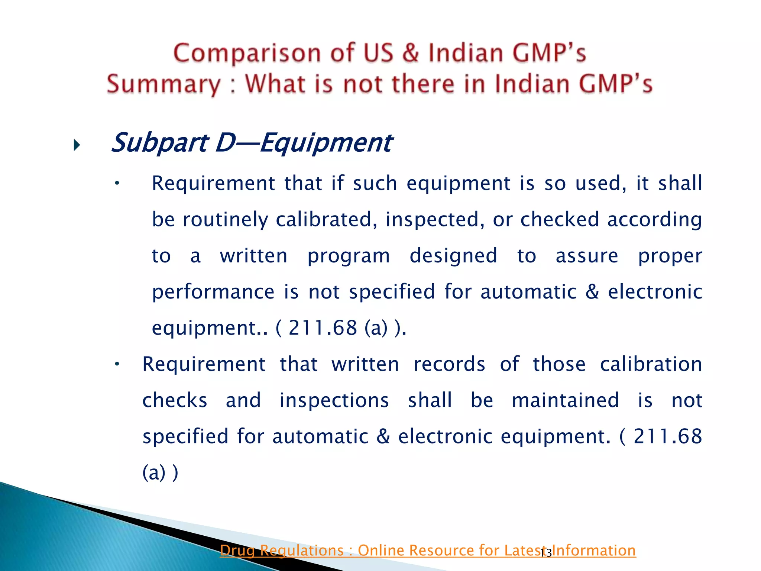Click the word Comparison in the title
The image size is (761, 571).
tap(247, 53)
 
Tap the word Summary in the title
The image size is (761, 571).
tap(163, 84)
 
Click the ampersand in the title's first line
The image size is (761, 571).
tap(410, 53)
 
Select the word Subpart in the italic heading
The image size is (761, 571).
tap(160, 143)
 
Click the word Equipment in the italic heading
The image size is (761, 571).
tap(326, 143)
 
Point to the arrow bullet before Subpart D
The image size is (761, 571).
tap(77, 145)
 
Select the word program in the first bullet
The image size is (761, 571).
tap(349, 256)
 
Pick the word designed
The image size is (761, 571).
tap(453, 256)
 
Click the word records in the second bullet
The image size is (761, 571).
tap(449, 364)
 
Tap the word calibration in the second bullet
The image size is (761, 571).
tap(651, 364)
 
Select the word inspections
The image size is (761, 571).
tap(334, 400)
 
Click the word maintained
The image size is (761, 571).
tap(565, 400)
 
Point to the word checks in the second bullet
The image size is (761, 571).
tap(175, 400)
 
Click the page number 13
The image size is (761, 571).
tap(546, 554)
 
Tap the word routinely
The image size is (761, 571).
tap(225, 219)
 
